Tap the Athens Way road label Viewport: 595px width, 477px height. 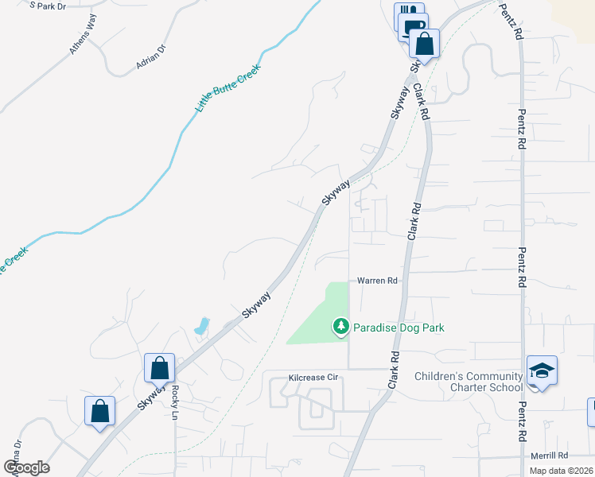point(82,35)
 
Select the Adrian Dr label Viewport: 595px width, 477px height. point(150,56)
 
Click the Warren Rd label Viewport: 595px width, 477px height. point(376,281)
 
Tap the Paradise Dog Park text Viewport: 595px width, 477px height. point(399,328)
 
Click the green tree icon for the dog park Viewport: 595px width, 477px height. point(341,326)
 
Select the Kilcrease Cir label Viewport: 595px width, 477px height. point(313,376)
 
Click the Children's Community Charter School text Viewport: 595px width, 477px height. point(469,382)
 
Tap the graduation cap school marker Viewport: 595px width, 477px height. point(541,370)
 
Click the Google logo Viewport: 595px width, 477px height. point(26,467)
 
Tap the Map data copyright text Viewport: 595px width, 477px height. point(562,471)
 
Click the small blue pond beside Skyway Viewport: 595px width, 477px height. point(201,326)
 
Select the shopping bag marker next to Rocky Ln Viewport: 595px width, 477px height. point(159,368)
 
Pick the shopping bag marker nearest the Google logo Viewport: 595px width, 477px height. point(99,411)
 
